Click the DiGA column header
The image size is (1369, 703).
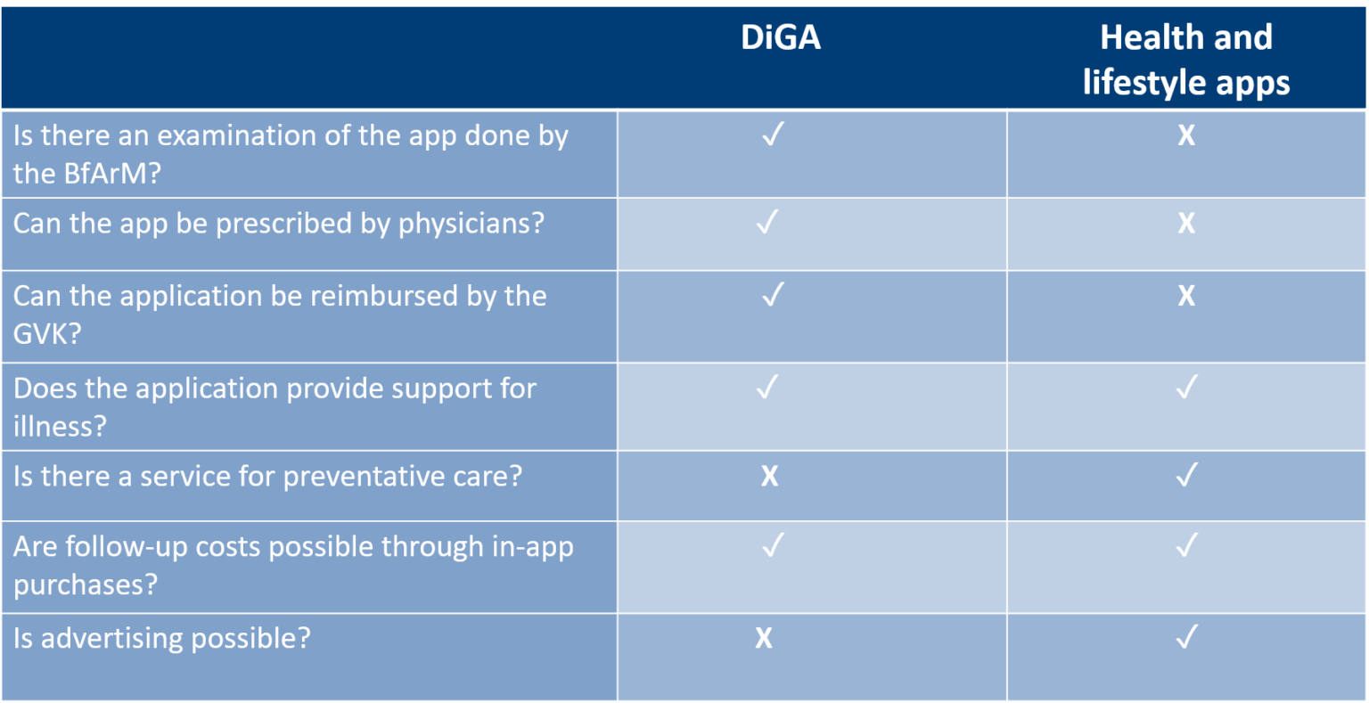tap(781, 37)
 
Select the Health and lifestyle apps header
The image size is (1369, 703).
tap(1185, 60)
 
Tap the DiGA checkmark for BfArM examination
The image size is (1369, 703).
tap(773, 135)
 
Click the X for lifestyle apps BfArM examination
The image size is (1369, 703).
tap(1186, 135)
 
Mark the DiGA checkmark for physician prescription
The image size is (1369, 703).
tap(767, 222)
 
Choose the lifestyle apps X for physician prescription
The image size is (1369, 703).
tap(1186, 223)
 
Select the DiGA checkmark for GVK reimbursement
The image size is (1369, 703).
tap(773, 295)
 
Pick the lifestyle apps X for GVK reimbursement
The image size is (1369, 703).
tap(1186, 296)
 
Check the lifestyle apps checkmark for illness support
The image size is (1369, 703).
tap(1186, 388)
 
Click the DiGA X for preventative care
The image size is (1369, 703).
tap(769, 477)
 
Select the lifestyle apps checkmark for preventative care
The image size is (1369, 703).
tap(1186, 476)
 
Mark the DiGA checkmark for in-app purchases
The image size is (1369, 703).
tap(773, 545)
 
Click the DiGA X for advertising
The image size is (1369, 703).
tap(764, 638)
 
